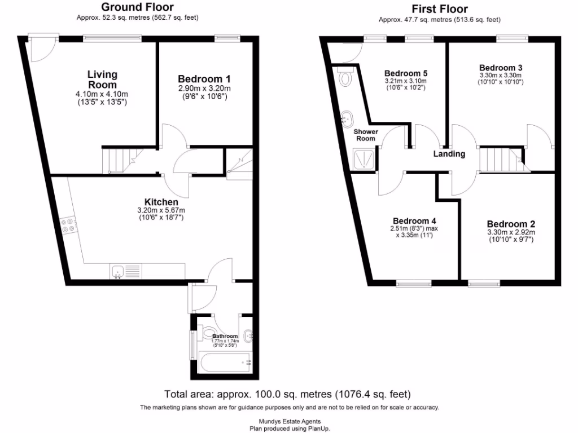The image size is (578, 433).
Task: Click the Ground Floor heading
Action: point(137,7)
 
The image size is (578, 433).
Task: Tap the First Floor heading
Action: point(440,8)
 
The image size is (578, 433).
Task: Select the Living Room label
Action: point(102,79)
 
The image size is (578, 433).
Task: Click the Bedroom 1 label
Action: point(204,79)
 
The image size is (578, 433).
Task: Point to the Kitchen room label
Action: point(161,202)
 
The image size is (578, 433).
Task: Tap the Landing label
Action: point(449,154)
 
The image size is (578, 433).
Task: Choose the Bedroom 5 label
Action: point(405,73)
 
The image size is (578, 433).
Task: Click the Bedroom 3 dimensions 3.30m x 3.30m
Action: point(500,75)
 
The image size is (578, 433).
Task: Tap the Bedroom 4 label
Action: point(414,220)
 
